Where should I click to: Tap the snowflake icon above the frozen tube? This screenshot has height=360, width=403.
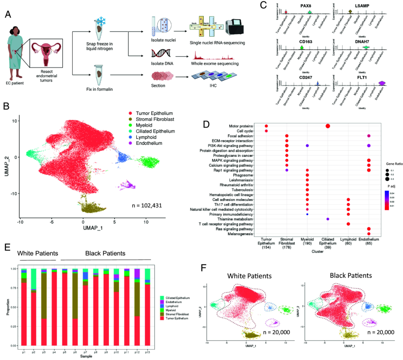pyautogui.click(x=100, y=21)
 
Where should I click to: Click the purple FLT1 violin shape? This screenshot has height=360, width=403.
pyautogui.click(x=382, y=83)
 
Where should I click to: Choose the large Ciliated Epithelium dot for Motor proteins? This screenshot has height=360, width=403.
pyautogui.click(x=327, y=126)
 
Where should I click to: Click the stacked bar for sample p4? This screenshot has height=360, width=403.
pyautogui.click(x=54, y=308)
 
